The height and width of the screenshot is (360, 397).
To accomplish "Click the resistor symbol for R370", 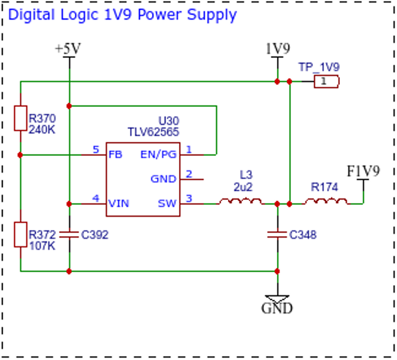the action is point(21,118).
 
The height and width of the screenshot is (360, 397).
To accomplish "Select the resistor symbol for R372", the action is point(21,234).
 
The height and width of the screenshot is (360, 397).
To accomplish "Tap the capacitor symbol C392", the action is point(69,235).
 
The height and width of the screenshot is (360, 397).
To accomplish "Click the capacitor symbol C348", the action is point(277,235).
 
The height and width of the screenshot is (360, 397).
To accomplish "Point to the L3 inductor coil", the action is point(241,202).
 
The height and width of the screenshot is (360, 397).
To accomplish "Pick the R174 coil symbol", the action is point(327,202).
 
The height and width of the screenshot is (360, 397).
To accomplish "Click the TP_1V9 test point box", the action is point(327,82).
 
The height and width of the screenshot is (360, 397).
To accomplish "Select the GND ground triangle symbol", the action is point(277,298).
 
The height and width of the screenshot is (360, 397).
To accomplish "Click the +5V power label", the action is point(68,48).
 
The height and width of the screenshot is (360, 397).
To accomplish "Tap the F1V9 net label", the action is point(363,171).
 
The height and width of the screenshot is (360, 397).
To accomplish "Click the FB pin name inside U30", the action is point(115,155).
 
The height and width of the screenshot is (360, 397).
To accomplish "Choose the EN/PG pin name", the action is point(158,155).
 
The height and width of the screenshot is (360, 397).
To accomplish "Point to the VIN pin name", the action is point(119,204).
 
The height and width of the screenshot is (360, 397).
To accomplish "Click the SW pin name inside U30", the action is point(167,204).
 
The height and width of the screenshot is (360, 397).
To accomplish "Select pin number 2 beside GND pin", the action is point(189,174).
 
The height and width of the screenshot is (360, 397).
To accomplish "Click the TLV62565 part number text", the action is point(153,132).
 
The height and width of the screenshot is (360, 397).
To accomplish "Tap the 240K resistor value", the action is point(42,130).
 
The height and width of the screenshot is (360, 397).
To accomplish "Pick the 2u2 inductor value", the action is point(243,187).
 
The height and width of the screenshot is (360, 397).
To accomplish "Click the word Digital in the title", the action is point(31,14).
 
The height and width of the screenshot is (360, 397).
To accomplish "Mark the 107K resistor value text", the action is point(42,246).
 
